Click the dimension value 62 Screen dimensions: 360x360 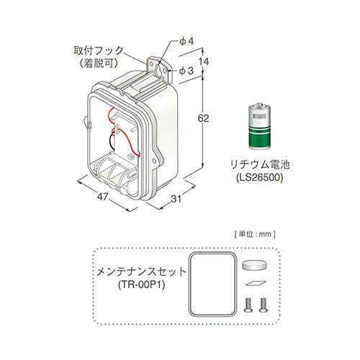coord(203,118)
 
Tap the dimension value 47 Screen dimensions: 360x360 coord(103,197)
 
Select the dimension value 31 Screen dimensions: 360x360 coord(176,199)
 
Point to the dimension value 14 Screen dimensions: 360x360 coord(204,62)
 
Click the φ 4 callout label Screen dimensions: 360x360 coord(186,42)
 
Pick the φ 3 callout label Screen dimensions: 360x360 coord(186,71)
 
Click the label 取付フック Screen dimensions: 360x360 coord(99,50)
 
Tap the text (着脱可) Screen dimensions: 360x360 coord(99,63)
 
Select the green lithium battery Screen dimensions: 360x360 coord(260,126)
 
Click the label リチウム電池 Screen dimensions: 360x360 coord(260,165)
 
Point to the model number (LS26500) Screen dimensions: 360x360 coord(260,177)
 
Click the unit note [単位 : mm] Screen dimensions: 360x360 coord(255,234)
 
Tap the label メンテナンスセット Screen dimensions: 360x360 coord(141,272)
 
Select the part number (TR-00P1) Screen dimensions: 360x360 coord(141,285)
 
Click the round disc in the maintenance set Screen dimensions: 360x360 coord(255,265)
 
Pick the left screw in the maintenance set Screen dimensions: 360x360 coord(248,305)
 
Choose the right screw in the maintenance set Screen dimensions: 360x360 coord(263,305)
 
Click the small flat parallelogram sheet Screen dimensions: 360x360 coord(256,283)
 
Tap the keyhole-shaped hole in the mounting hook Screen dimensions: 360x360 coord(158,70)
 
